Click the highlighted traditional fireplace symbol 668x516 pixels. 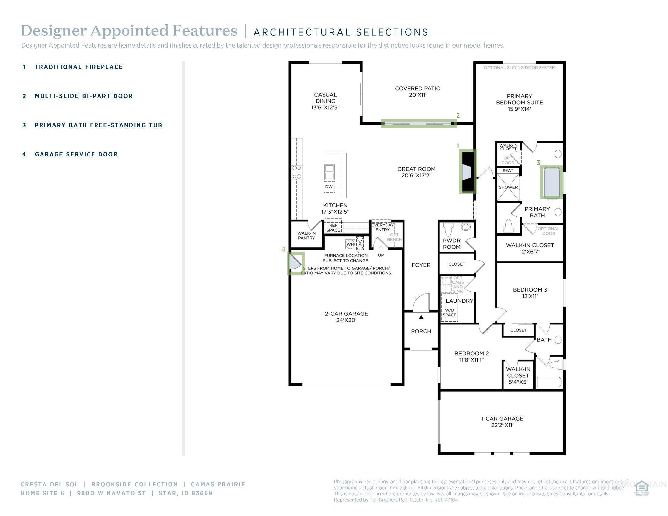tap(468, 171)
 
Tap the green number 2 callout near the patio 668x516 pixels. tap(458, 116)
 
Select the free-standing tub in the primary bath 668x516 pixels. tap(552, 182)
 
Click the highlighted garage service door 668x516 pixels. tap(295, 263)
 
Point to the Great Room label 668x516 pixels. tap(416, 172)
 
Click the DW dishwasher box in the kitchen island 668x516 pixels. tap(329, 187)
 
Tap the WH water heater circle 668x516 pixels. tap(350, 244)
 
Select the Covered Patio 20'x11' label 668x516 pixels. tap(417, 91)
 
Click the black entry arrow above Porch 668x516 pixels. tap(421, 317)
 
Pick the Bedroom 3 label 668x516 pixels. tap(530, 293)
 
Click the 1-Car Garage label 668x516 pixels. tap(502, 422)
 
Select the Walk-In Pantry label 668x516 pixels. tap(306, 235)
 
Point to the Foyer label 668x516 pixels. tap(421, 265)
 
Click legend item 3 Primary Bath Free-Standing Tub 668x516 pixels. tap(98, 125)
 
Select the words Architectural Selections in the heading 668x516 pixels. tap(341, 32)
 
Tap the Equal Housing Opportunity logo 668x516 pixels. tap(641, 488)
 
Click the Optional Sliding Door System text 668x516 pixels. tap(519, 68)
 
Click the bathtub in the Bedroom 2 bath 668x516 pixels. tap(549, 382)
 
